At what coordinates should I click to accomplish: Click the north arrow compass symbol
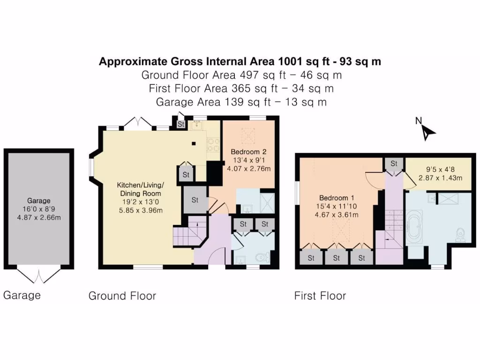(427, 132)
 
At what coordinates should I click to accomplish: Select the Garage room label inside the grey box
(38, 201)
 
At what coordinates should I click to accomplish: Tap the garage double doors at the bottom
(38, 276)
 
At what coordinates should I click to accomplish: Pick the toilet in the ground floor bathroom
(265, 258)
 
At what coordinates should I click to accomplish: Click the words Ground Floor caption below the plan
(122, 296)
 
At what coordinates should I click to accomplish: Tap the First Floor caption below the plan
(320, 296)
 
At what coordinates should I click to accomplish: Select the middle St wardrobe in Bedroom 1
(337, 258)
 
